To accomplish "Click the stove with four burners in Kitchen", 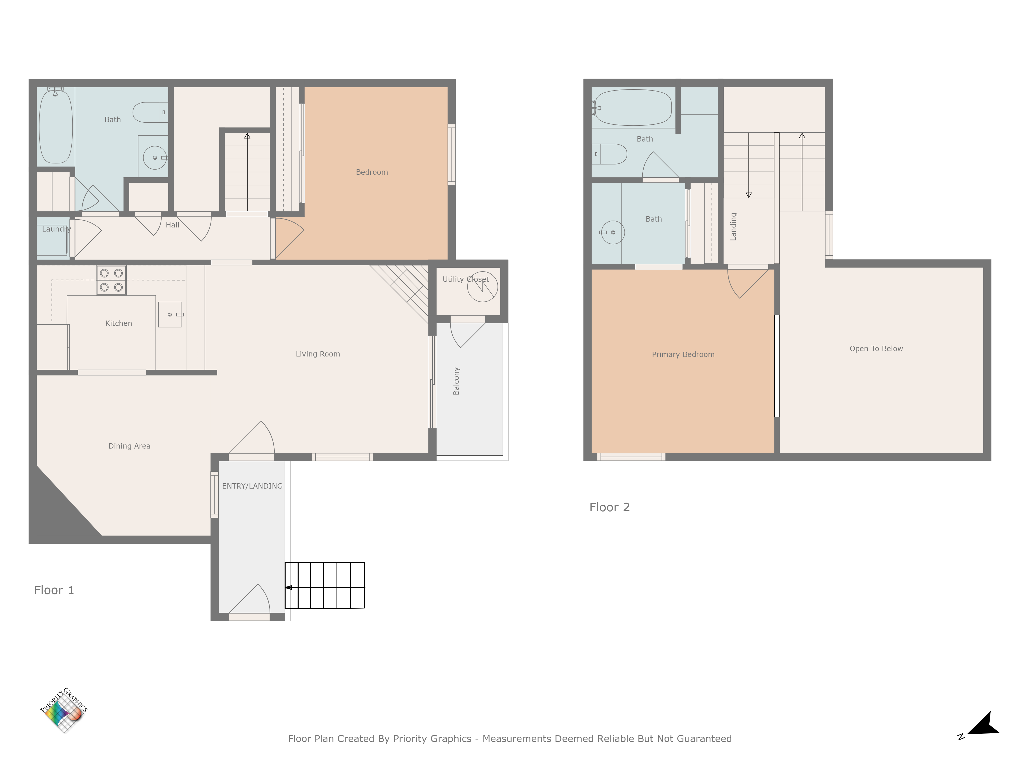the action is click(x=111, y=280).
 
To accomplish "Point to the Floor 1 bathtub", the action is click(x=56, y=126).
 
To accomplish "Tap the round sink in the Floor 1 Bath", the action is click(x=155, y=158).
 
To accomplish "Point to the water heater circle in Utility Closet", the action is click(x=482, y=286).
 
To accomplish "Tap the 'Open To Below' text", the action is click(x=876, y=349).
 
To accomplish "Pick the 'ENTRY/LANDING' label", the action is click(x=252, y=486).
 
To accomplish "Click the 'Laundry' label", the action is click(x=56, y=229).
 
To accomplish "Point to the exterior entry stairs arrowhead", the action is click(x=289, y=588).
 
